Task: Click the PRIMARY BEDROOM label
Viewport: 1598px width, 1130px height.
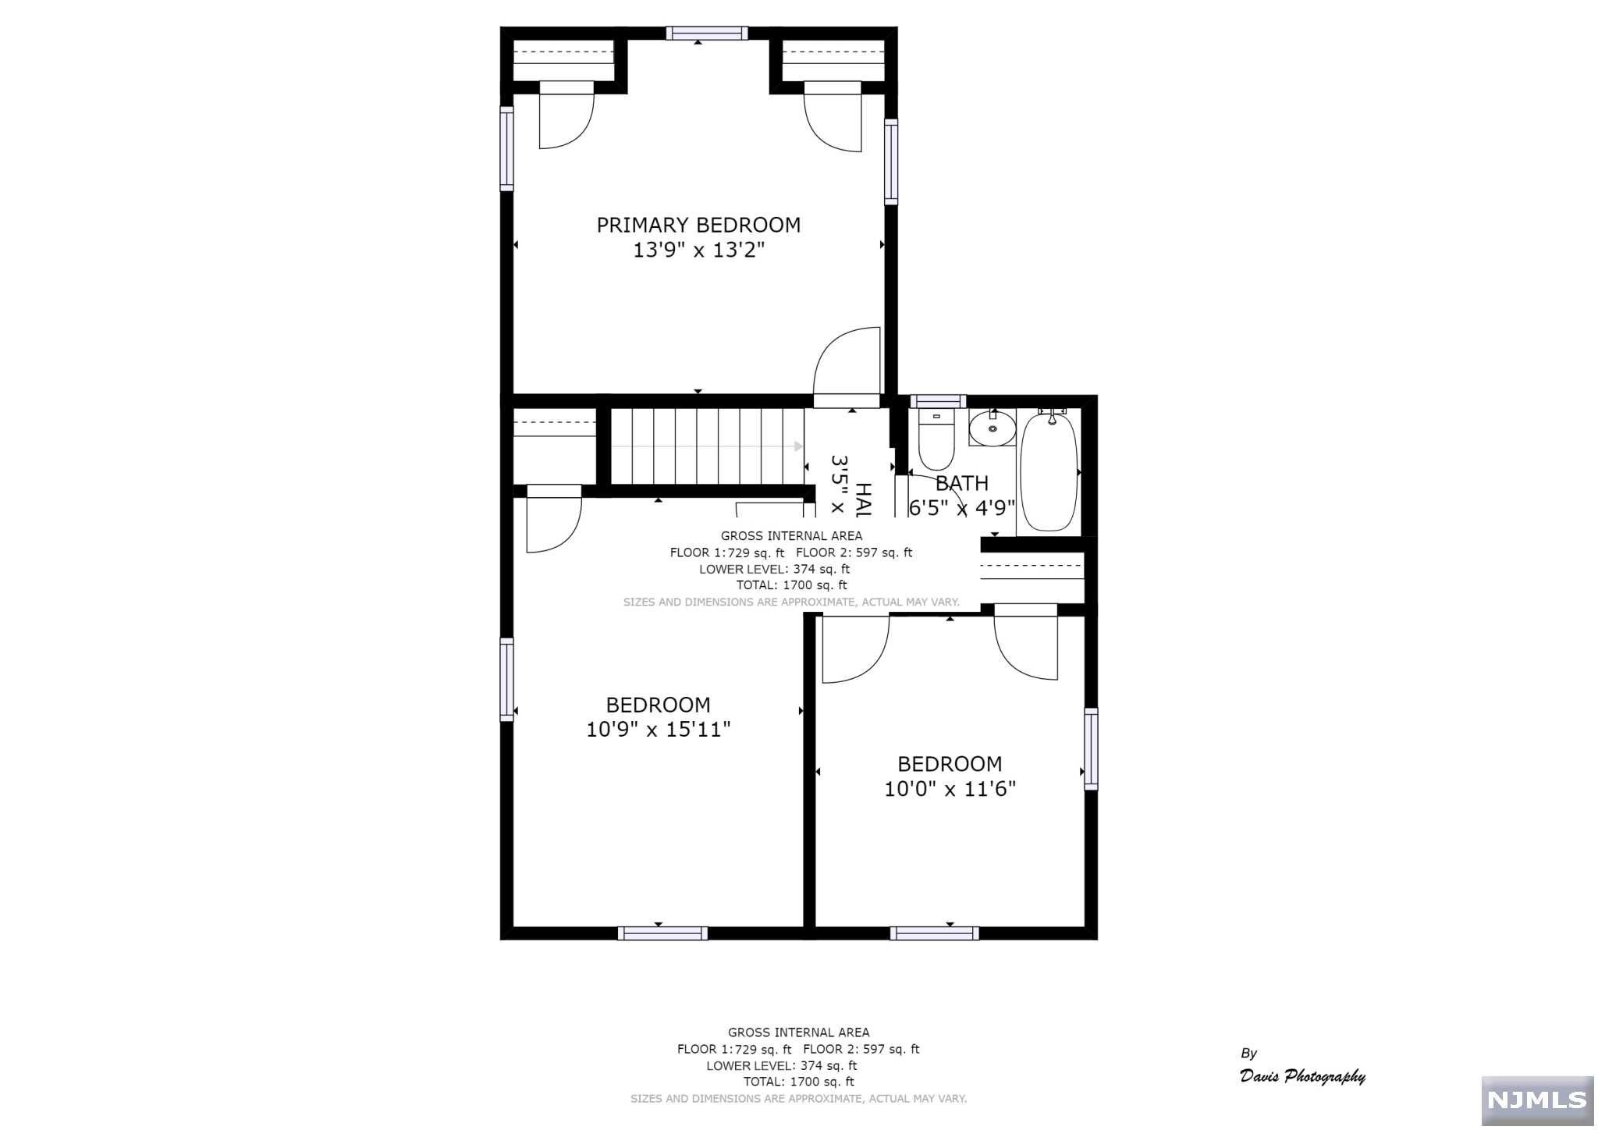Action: click(698, 226)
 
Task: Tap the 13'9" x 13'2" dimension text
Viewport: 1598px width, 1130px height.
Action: click(698, 251)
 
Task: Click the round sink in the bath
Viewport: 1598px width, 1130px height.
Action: click(992, 428)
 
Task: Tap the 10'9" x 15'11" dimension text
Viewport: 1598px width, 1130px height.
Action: click(658, 730)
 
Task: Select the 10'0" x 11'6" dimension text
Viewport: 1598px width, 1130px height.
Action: click(950, 789)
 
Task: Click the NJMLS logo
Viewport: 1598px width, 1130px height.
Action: click(1536, 1100)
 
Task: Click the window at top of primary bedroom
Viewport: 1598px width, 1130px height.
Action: click(706, 33)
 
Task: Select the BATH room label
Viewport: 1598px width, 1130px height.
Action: click(962, 483)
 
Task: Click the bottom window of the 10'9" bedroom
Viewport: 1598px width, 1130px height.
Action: click(662, 933)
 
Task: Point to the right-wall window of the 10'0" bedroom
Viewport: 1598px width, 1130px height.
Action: click(1091, 749)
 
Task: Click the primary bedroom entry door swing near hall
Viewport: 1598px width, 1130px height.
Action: click(847, 363)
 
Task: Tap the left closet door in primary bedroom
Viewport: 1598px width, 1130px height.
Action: click(566, 117)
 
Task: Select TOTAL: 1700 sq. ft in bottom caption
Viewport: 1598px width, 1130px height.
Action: click(798, 1082)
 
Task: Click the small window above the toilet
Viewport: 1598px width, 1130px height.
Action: click(937, 401)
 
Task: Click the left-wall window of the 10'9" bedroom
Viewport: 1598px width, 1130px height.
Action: click(507, 679)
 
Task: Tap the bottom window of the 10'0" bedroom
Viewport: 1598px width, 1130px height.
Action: click(934, 933)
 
